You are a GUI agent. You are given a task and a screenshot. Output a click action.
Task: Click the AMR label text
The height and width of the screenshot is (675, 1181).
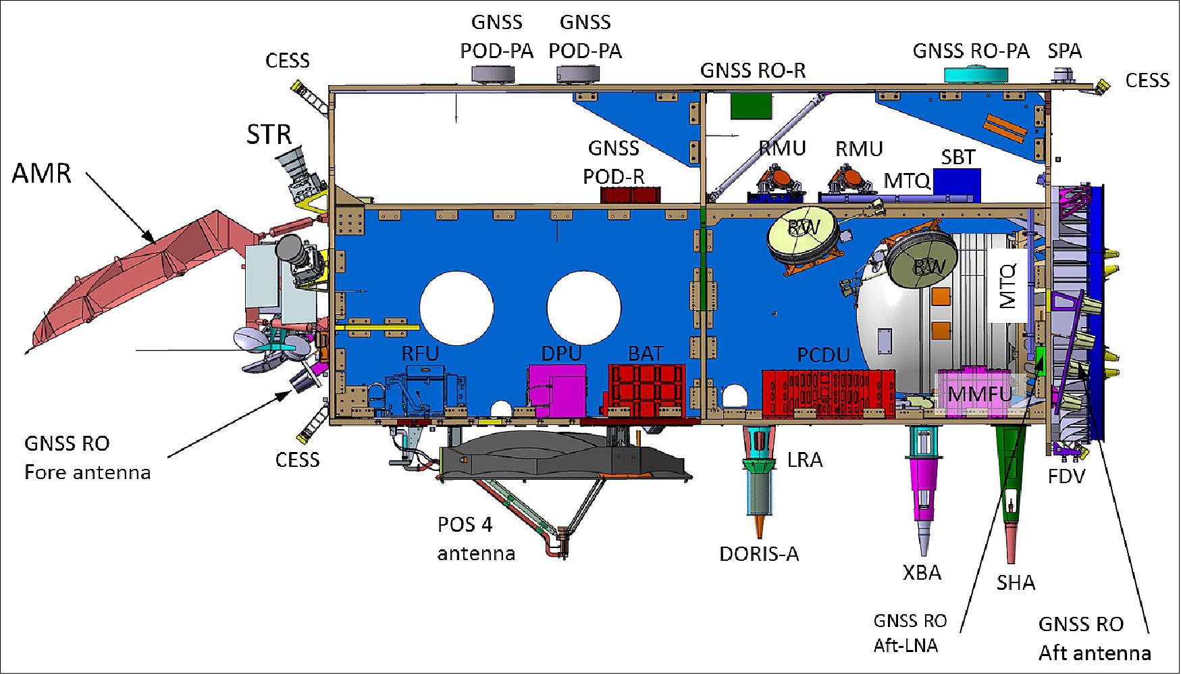[41, 173]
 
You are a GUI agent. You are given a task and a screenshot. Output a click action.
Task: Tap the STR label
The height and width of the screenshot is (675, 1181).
[269, 134]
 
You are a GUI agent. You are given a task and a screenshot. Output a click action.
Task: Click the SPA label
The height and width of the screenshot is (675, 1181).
[1065, 51]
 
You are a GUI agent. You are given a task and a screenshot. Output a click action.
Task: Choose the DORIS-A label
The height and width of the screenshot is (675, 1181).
[759, 554]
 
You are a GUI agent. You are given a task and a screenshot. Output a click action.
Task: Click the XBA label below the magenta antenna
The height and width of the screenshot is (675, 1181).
[922, 573]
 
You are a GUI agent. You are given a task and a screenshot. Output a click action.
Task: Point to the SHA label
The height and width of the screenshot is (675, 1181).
[1016, 582]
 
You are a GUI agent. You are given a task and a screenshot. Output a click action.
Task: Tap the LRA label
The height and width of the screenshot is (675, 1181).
[805, 460]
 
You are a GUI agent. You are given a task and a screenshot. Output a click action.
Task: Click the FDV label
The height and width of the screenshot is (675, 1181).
[1066, 476]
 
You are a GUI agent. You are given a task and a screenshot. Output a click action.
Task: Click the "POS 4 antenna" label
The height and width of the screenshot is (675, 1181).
[475, 539]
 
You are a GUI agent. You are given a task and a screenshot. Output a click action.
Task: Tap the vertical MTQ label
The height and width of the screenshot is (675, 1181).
[1007, 286]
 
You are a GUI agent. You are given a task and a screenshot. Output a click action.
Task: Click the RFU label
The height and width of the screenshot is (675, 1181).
[420, 353]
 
